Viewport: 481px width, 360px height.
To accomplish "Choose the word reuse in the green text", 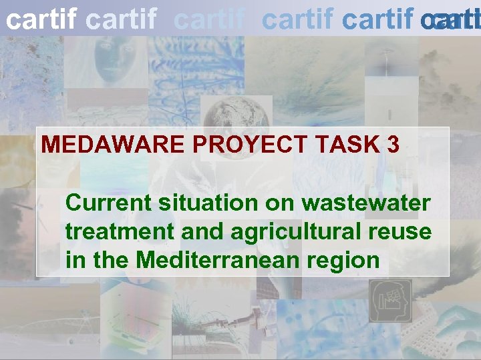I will coord(404,232).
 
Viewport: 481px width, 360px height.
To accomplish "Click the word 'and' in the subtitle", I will coord(198,232).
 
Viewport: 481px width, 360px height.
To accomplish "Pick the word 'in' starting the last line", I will coord(74,260).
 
